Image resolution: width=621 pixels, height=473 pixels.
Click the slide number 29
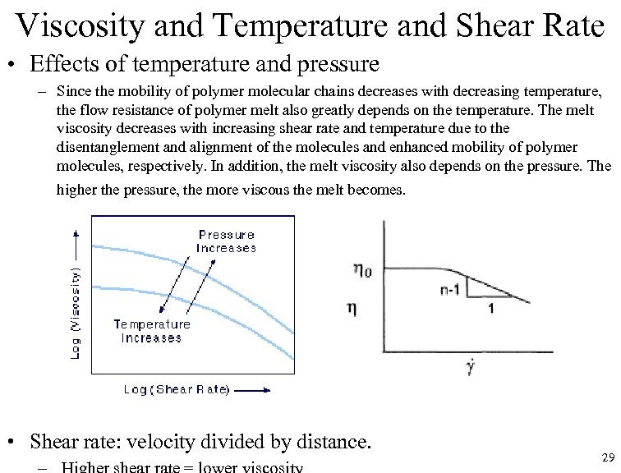[x=608, y=457]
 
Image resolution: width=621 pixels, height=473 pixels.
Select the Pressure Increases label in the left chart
[x=226, y=241]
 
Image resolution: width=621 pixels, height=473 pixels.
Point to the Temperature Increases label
[x=151, y=331]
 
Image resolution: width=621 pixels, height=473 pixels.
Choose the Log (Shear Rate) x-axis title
[x=177, y=389]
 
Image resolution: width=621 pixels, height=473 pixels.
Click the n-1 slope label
[x=450, y=288]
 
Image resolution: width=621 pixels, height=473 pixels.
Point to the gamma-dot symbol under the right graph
[x=469, y=365]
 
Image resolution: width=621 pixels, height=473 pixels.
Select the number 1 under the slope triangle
[x=491, y=309]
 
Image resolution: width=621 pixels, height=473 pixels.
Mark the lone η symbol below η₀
[x=352, y=309]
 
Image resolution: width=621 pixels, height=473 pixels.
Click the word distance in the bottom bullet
[x=332, y=442]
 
